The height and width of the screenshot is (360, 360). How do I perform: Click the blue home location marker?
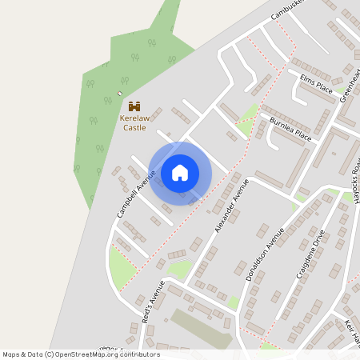[180, 173]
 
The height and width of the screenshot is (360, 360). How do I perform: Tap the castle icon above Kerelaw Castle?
[134, 106]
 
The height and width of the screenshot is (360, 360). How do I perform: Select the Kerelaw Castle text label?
[134, 122]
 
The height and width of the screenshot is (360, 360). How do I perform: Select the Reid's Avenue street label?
[153, 302]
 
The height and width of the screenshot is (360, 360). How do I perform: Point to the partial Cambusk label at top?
[289, 9]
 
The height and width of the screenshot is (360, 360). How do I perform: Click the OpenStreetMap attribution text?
[81, 354]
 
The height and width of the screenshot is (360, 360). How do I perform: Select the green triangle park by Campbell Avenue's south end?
[122, 270]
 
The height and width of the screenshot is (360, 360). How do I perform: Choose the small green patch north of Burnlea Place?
[249, 120]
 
